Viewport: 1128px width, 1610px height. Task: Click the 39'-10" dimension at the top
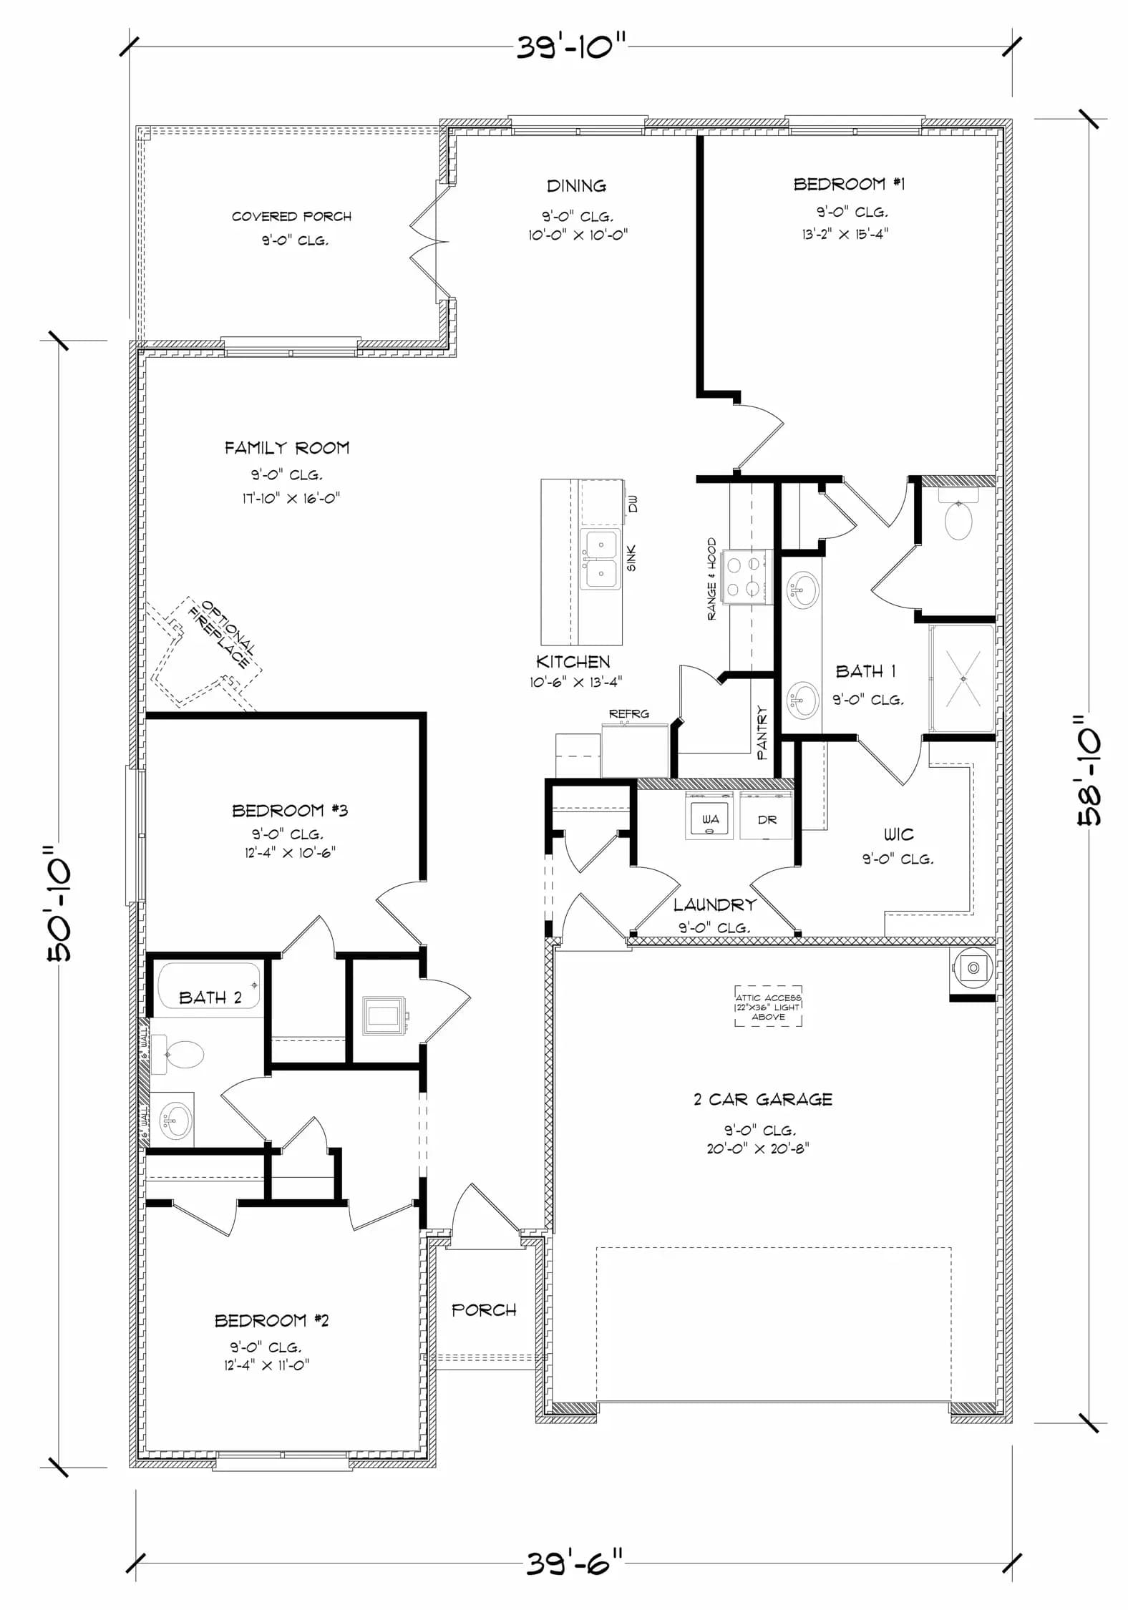(571, 49)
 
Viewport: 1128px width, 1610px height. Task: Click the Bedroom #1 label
(849, 184)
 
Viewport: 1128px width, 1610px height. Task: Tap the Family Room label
(287, 448)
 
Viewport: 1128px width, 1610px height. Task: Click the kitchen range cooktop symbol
(744, 577)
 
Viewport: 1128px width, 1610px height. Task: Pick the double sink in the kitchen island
(600, 559)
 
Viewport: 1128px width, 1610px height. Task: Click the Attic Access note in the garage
(768, 1006)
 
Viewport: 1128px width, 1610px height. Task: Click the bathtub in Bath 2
(210, 985)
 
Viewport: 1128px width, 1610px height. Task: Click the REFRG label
(629, 713)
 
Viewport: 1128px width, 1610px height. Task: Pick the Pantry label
(762, 733)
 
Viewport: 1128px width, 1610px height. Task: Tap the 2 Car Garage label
(763, 1099)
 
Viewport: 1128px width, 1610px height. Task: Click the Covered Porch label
(291, 216)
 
